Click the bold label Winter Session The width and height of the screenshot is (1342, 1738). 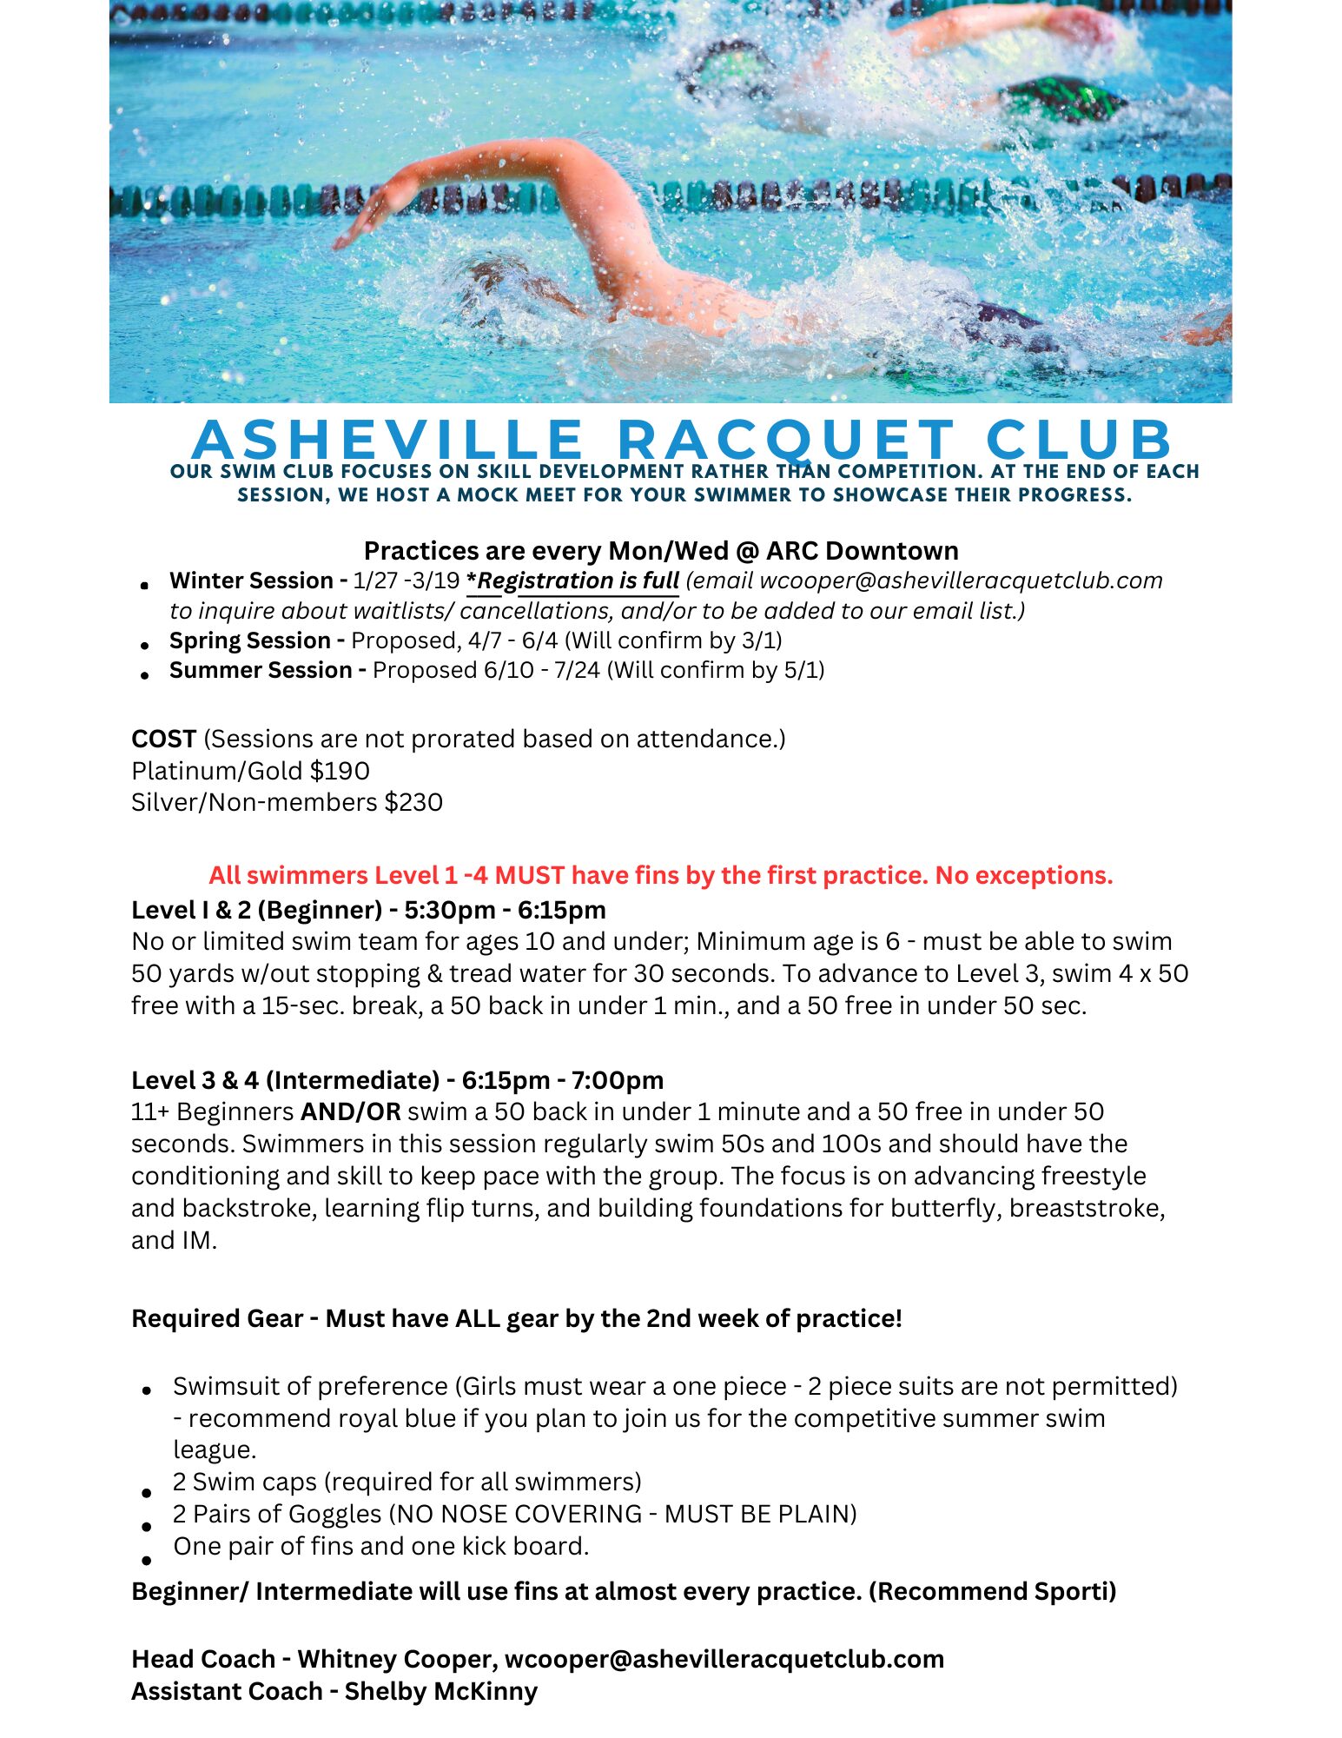pyautogui.click(x=252, y=580)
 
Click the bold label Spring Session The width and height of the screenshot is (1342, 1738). pyautogui.click(x=250, y=640)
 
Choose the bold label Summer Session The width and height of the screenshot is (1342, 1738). pyautogui.click(x=261, y=670)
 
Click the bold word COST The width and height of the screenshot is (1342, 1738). pyautogui.click(x=163, y=739)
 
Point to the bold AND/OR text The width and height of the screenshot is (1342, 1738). pyautogui.click(x=350, y=1111)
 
